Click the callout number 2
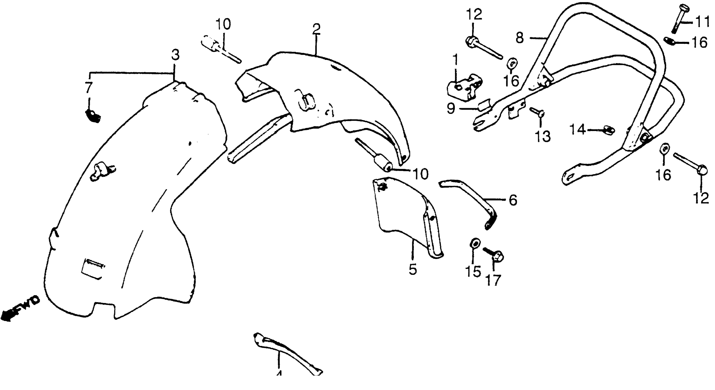coord(316,29)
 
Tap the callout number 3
coord(175,55)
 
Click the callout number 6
coord(513,200)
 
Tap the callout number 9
coord(451,109)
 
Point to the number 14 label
coord(578,130)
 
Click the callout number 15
coord(473,271)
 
